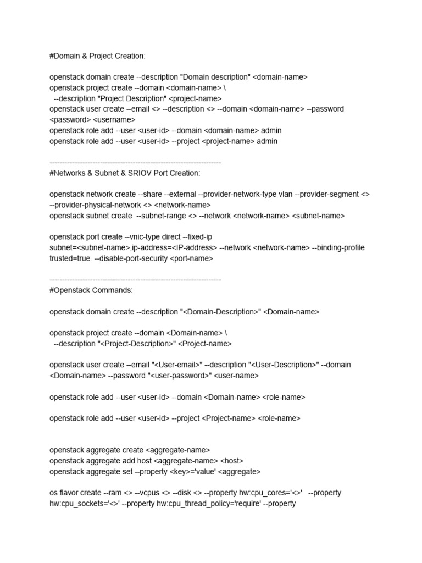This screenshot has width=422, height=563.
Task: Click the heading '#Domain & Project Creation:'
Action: pos(98,56)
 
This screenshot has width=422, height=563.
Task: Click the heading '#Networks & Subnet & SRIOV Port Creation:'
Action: pos(125,173)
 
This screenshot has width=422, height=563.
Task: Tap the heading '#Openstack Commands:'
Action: pos(91,290)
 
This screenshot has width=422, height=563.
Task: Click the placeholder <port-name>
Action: pos(192,258)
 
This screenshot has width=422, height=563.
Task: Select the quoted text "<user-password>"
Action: pos(177,376)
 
